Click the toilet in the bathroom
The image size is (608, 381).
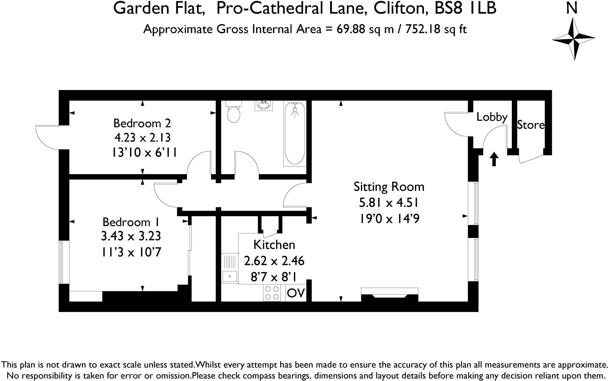(x=233, y=113)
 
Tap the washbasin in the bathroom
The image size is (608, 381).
(x=263, y=105)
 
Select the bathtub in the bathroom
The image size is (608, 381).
(x=295, y=133)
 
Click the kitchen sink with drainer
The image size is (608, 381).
(x=230, y=268)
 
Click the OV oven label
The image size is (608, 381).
(x=296, y=293)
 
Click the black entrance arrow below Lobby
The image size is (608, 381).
(x=494, y=159)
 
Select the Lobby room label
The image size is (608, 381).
(x=492, y=117)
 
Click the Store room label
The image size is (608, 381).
(x=531, y=125)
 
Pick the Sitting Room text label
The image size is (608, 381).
(x=389, y=187)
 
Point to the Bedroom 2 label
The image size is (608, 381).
(x=142, y=123)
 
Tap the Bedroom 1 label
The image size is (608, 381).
(x=131, y=222)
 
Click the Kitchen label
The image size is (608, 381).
(x=274, y=245)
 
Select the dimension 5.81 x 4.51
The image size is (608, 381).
(x=389, y=203)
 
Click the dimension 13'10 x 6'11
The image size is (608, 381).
(x=144, y=153)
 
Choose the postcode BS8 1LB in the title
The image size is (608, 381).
(x=465, y=8)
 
